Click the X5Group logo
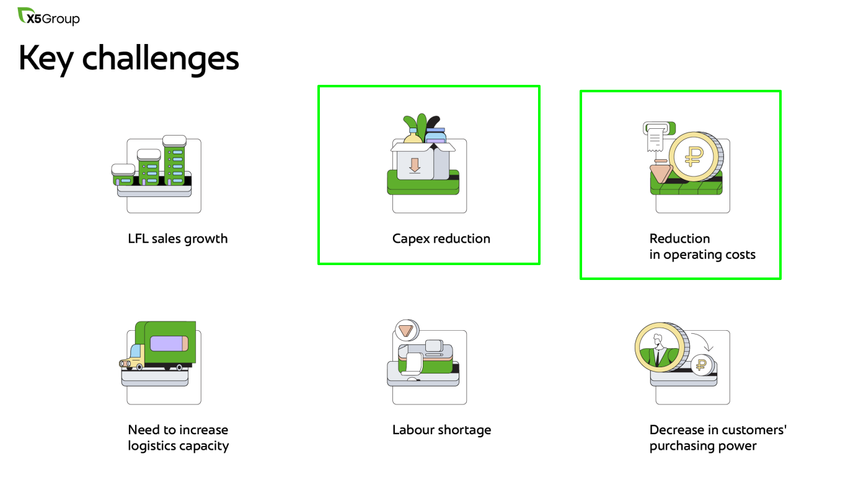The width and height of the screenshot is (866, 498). [x=49, y=17]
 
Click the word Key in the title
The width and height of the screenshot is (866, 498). [x=46, y=59]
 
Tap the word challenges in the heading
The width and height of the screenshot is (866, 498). [x=161, y=59]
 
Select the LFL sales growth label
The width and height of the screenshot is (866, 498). [x=178, y=238]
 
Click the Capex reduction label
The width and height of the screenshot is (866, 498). [x=441, y=238]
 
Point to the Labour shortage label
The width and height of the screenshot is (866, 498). [x=441, y=430]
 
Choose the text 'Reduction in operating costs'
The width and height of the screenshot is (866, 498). [x=702, y=247]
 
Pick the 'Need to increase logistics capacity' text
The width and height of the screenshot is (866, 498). [x=179, y=438]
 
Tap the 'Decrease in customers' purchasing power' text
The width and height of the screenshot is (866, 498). [x=718, y=438]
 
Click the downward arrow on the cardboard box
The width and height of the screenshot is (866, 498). [x=415, y=165]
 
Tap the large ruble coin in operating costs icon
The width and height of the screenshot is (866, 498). [x=696, y=157]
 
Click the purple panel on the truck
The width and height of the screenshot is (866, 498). [x=169, y=344]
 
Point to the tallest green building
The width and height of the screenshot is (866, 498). [x=174, y=160]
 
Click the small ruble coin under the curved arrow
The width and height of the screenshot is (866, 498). [x=703, y=365]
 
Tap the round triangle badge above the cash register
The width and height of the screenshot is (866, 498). [x=406, y=331]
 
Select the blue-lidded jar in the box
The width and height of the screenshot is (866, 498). [x=435, y=136]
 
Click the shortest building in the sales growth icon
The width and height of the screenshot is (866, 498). [x=123, y=175]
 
